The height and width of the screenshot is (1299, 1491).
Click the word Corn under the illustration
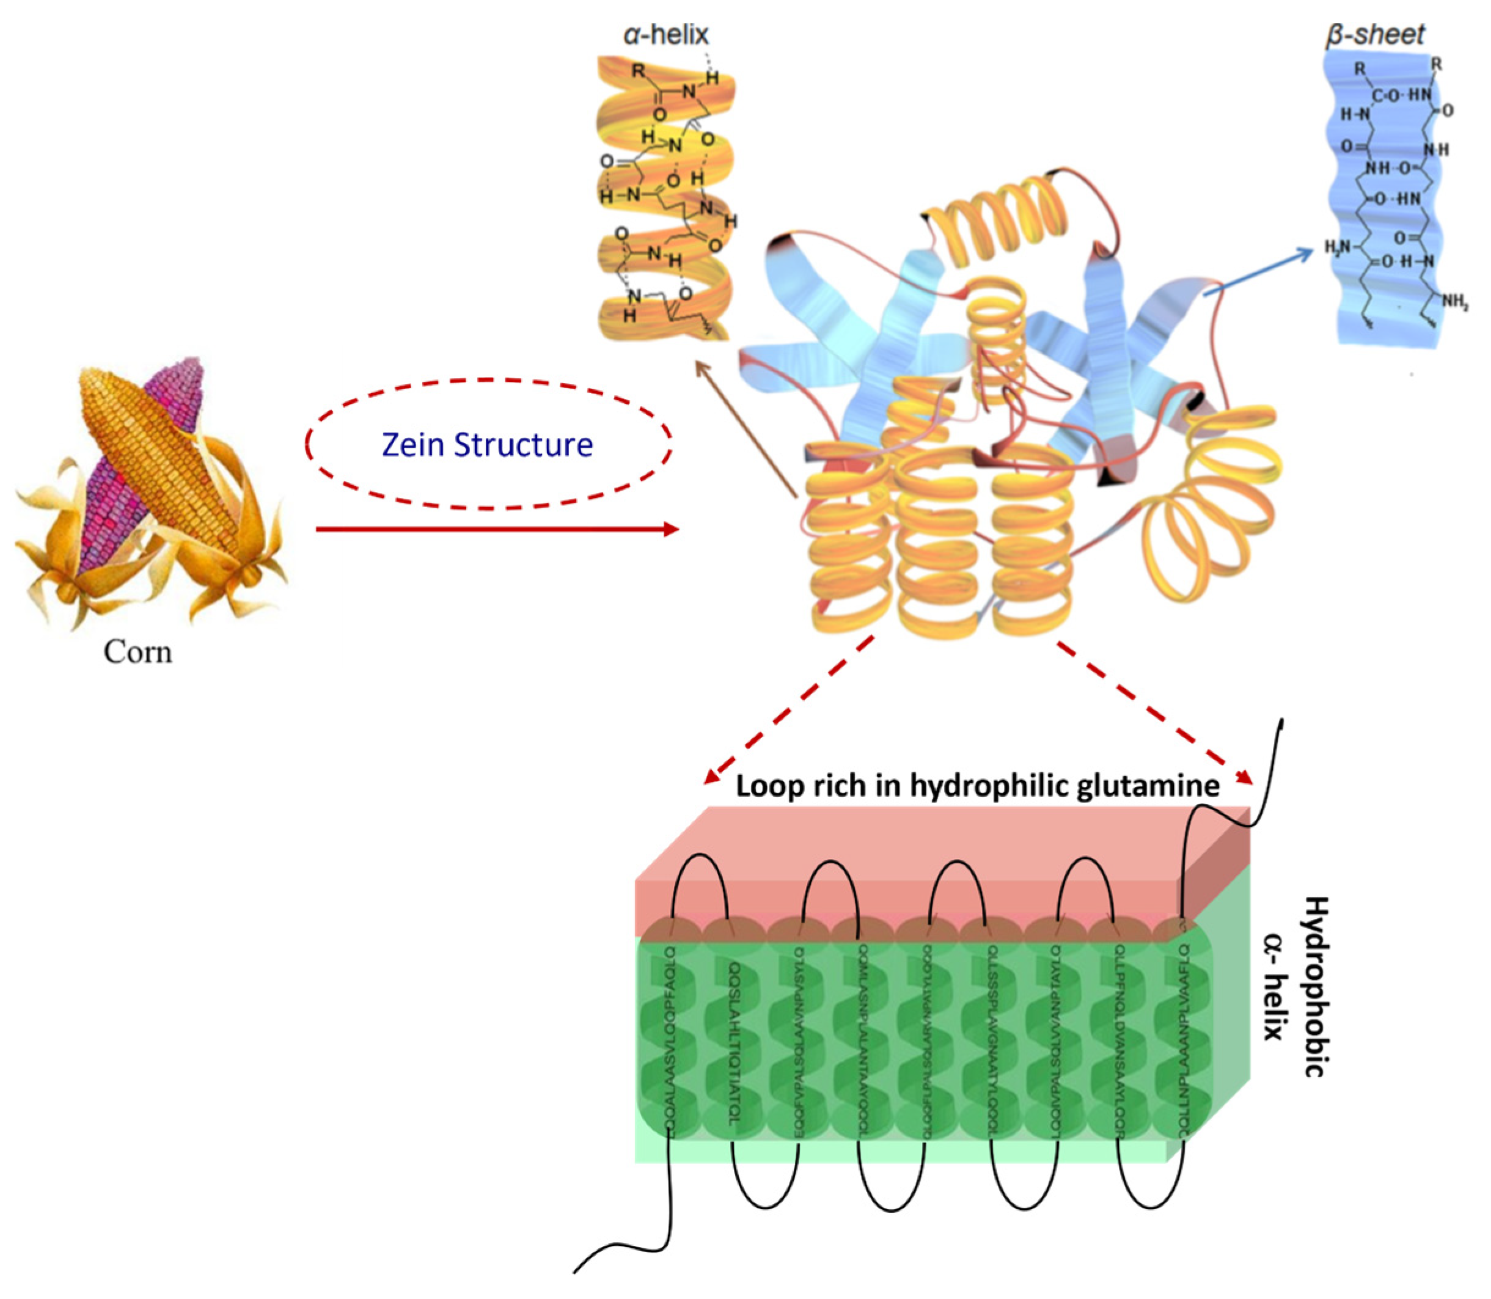click(137, 653)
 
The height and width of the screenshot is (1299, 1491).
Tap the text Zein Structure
click(487, 445)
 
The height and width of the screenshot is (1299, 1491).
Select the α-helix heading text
click(666, 34)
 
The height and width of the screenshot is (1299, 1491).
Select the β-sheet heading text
click(1374, 34)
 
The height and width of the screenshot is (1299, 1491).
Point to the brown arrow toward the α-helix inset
click(747, 431)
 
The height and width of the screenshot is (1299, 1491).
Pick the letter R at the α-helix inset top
click(638, 71)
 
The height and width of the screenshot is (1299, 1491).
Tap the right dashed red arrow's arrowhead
click(1244, 777)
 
